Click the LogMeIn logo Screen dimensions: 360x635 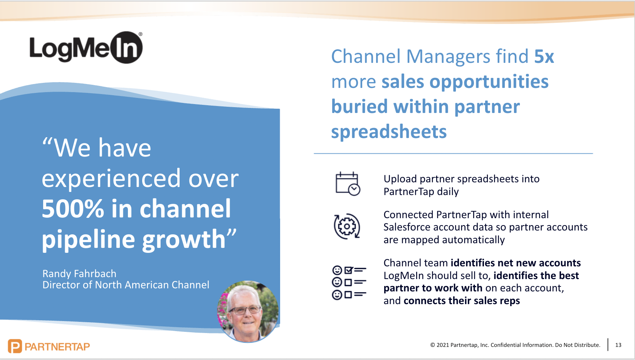[86, 48]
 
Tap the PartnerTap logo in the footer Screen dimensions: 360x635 [49, 346]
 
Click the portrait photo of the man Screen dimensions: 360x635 [248, 312]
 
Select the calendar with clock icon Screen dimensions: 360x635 [348, 184]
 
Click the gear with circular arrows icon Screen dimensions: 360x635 [347, 227]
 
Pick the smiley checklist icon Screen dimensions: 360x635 [349, 283]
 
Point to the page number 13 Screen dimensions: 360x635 [618, 345]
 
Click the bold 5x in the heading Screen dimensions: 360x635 [544, 57]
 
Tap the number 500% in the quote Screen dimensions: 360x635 [73, 209]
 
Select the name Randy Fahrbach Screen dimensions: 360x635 [79, 274]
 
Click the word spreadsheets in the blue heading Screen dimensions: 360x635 [389, 132]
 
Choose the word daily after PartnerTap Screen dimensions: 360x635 [448, 192]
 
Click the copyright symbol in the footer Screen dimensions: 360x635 [433, 345]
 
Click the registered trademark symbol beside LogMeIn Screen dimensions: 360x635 [140, 34]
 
